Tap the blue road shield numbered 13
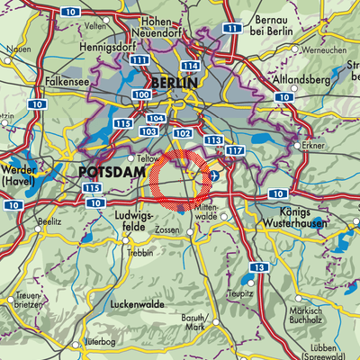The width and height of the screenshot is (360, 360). click(258, 268)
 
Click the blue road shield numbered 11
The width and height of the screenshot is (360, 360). click(233, 29)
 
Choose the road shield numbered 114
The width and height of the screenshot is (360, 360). click(190, 67)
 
